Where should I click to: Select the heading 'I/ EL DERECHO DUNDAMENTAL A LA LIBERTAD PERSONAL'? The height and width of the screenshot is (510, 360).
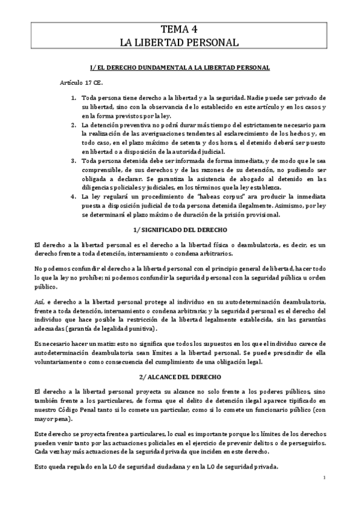[x=180, y=68]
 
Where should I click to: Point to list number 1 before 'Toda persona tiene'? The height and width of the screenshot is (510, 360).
[x=74, y=97]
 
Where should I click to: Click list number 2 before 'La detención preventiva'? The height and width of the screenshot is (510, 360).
[x=74, y=124]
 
